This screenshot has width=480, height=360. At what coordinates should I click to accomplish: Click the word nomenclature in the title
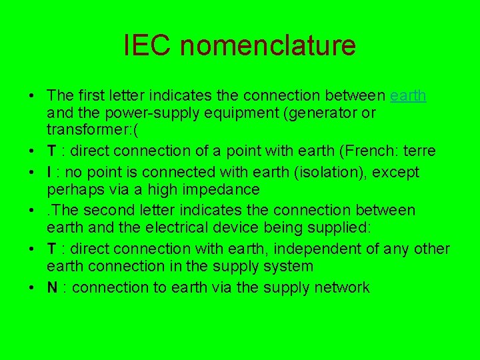coord(268,45)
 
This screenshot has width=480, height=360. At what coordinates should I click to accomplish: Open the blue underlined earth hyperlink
coord(408,95)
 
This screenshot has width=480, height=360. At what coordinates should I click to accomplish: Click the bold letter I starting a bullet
coord(49,172)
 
